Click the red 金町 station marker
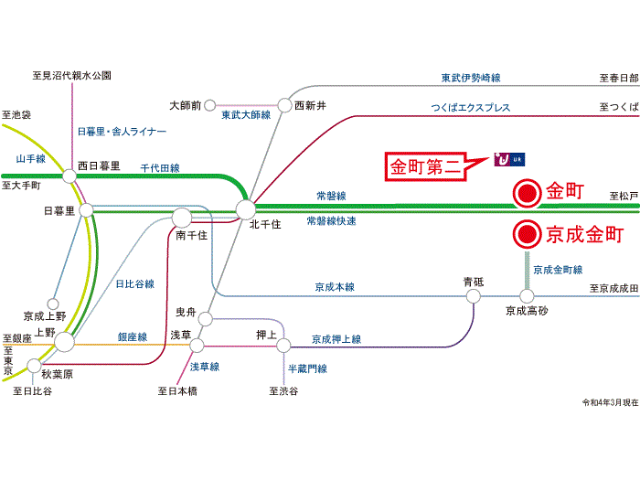point(527,194)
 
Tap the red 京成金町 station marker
point(527,234)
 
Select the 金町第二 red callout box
point(425,166)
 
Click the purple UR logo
point(509,159)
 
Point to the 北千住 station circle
point(246,209)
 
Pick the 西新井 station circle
point(284,105)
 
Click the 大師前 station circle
point(209,105)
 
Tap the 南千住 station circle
point(182,218)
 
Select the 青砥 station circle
point(474,296)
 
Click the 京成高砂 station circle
point(527,296)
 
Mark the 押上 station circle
point(283,346)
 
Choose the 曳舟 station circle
point(206,319)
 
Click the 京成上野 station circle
point(53,304)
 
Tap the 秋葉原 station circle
point(35,366)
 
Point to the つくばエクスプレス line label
point(471,108)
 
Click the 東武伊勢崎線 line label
point(471,78)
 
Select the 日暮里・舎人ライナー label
point(122,132)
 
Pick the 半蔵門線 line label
point(307,368)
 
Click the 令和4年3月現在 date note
point(610,402)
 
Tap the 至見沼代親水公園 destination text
point(72,75)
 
